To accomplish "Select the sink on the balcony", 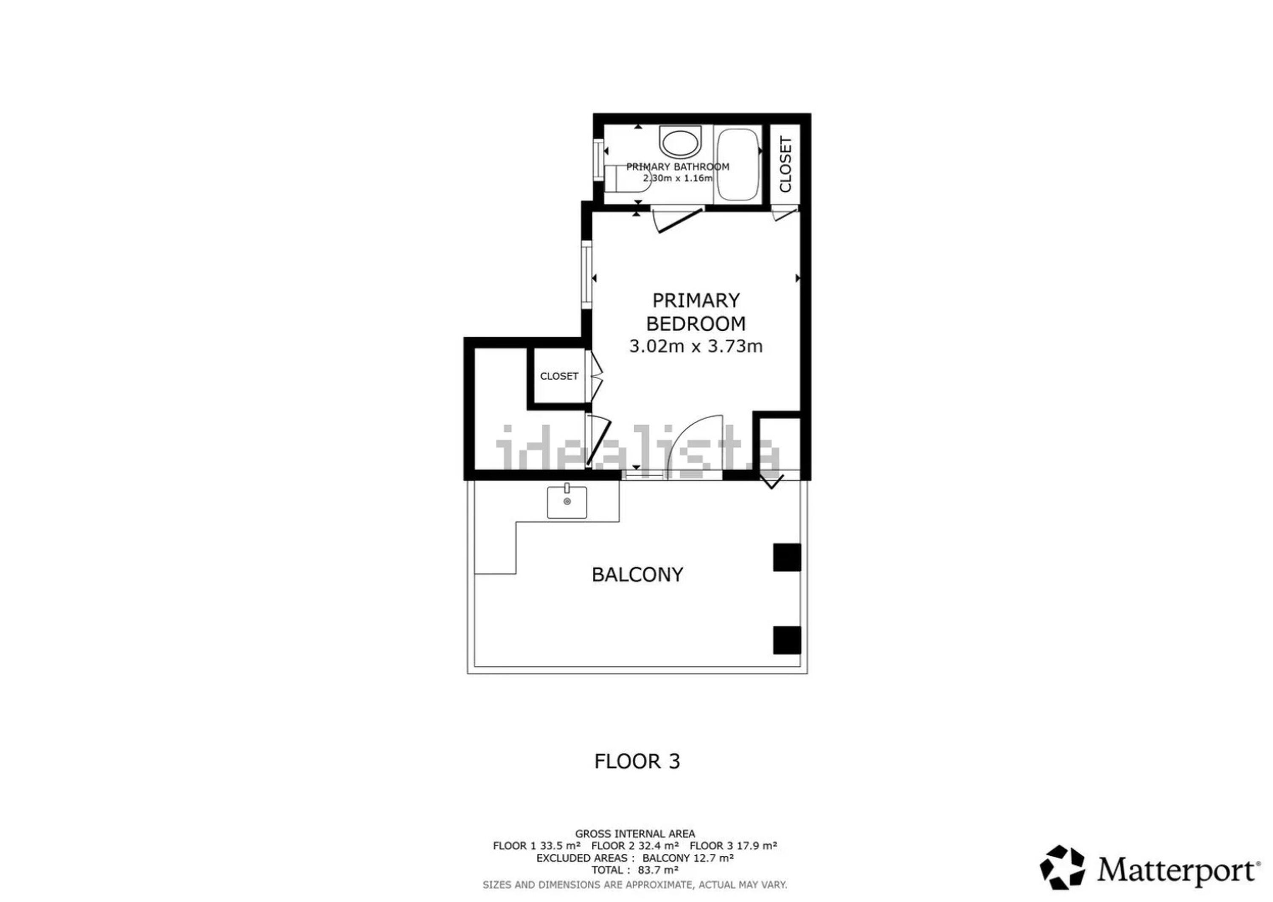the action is [x=566, y=502].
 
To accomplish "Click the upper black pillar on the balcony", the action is [x=787, y=557].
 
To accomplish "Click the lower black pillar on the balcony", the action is [x=787, y=640].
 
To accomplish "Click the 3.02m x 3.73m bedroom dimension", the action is [x=696, y=346].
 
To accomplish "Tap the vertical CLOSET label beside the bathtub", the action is [x=785, y=164].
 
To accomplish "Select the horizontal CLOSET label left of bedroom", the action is [x=559, y=376].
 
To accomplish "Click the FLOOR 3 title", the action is [x=637, y=761].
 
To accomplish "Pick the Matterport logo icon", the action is [x=1062, y=867].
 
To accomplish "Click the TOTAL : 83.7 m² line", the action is [x=635, y=870].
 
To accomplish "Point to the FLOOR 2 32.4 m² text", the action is [x=635, y=846].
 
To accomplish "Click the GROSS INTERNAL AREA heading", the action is [x=635, y=833].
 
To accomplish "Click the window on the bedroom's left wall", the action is [x=586, y=275].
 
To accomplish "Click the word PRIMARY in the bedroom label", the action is [x=696, y=301].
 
